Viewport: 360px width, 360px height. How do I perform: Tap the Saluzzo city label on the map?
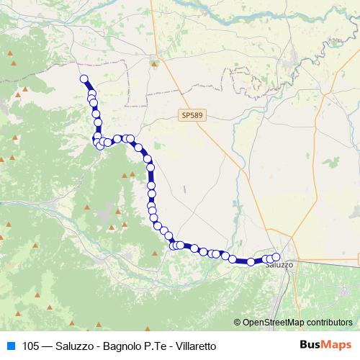click(279, 265)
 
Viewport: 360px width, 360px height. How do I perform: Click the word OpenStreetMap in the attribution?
click(274, 322)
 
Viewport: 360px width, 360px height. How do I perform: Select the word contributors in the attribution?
click(329, 322)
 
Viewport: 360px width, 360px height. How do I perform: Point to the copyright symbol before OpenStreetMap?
click(238, 322)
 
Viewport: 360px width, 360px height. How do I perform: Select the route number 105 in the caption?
click(30, 345)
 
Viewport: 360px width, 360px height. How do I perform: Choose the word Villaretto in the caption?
click(194, 345)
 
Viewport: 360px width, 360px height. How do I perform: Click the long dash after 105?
click(47, 345)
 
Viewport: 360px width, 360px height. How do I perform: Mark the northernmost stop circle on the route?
click(84, 79)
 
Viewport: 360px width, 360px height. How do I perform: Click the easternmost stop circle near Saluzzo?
click(276, 256)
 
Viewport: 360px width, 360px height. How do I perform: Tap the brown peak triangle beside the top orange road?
click(155, 63)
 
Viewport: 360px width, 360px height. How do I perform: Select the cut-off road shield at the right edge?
click(357, 258)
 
